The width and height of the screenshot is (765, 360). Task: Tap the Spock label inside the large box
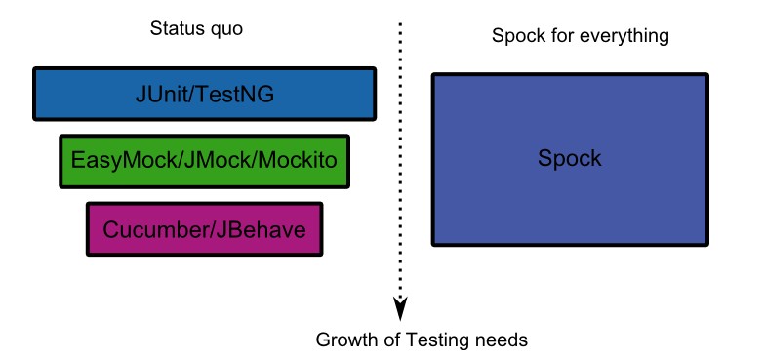[570, 158]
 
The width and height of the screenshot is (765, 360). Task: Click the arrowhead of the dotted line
[399, 309]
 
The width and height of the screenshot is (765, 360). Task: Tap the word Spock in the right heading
[514, 37]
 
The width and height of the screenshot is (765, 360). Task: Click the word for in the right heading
[560, 37]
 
